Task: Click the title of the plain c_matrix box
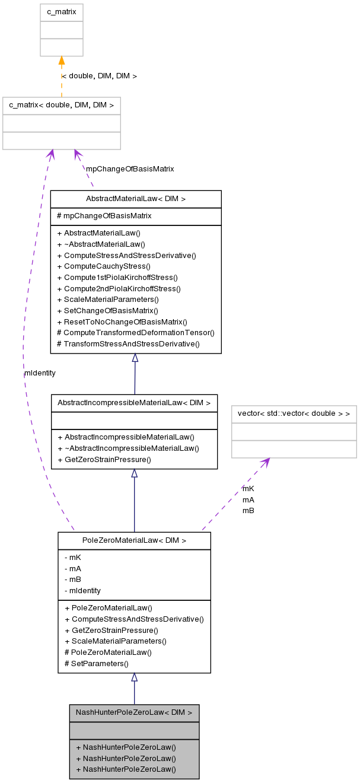[x=62, y=12]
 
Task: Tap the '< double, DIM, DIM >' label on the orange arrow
[x=100, y=76]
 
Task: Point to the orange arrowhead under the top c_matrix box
[x=62, y=61]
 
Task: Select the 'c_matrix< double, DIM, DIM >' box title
[x=62, y=106]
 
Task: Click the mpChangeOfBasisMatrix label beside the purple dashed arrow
[x=130, y=169]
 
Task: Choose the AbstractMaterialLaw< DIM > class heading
[x=136, y=199]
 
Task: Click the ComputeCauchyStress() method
[x=104, y=266]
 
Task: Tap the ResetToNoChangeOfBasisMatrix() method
[x=122, y=322]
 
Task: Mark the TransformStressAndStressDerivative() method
[x=128, y=343]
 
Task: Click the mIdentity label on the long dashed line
[x=40, y=373]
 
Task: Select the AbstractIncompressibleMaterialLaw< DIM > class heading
[x=134, y=403]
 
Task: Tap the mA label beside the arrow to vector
[x=248, y=499]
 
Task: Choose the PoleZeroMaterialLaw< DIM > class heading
[x=134, y=540]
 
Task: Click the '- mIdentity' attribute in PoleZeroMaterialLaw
[x=82, y=590]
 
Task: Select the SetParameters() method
[x=96, y=663]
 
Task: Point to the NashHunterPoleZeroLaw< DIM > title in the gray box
[x=134, y=712]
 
